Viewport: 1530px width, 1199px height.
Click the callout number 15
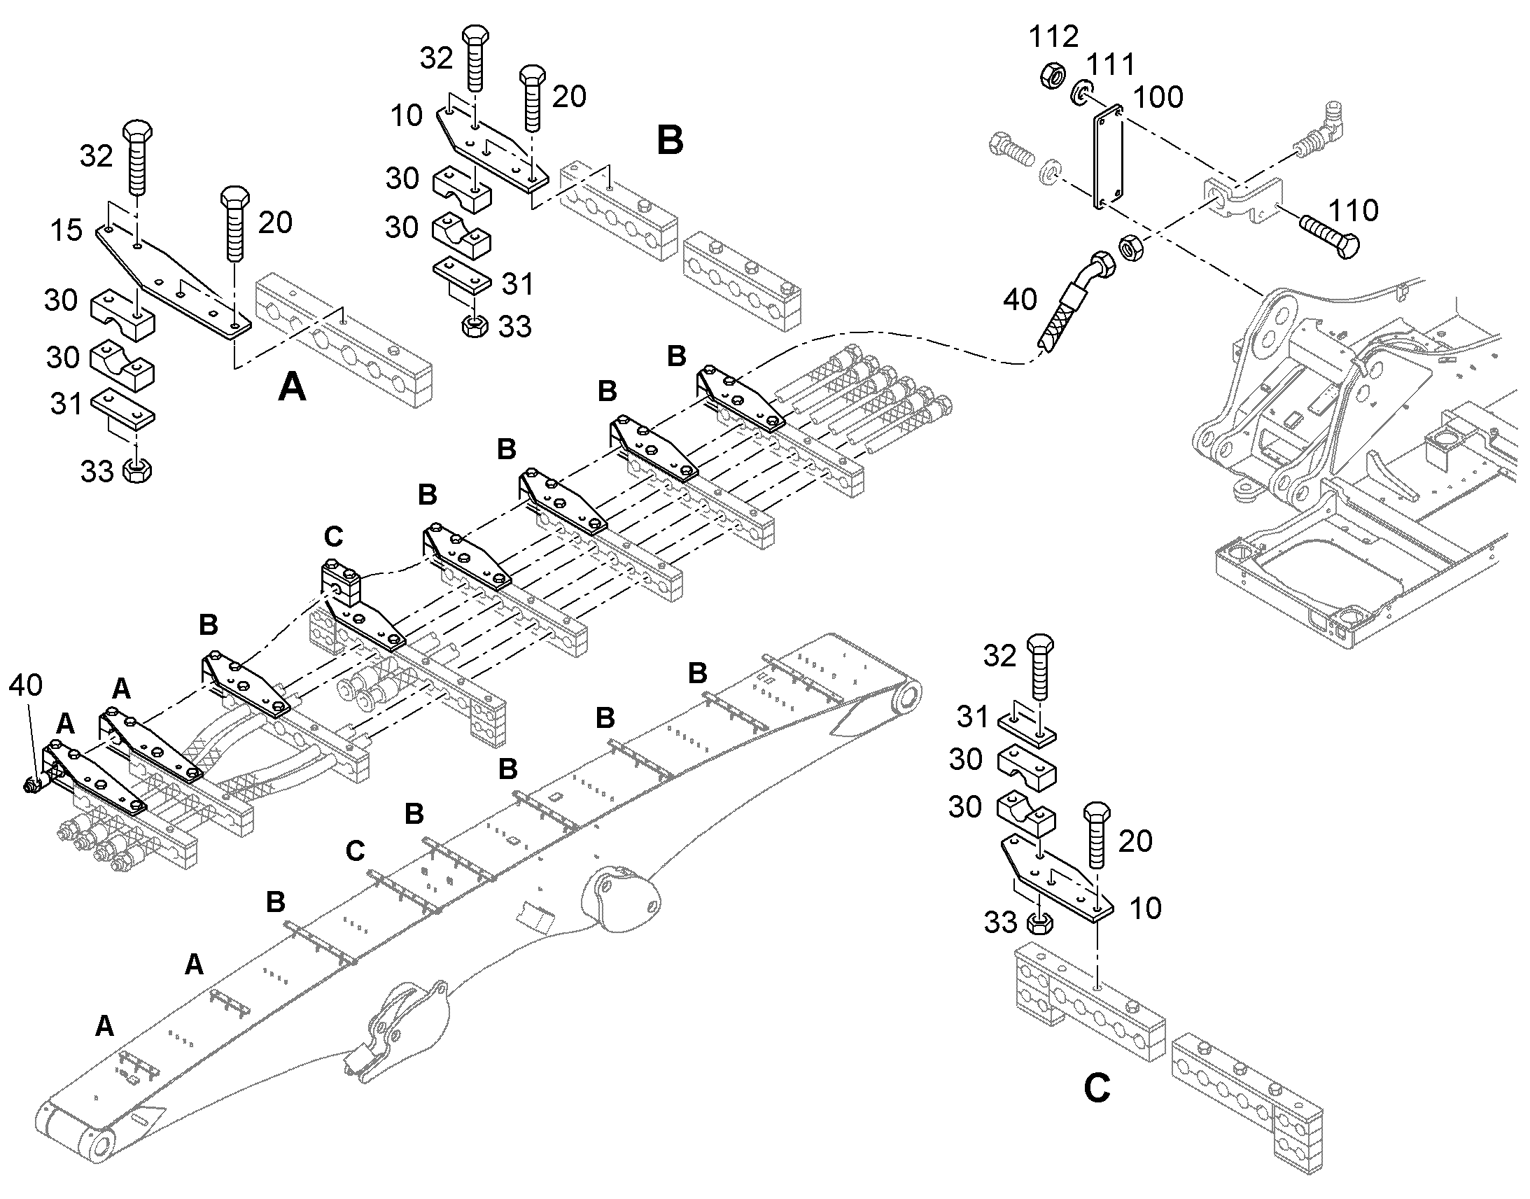coord(66,230)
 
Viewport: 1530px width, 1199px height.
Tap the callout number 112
coord(1053,36)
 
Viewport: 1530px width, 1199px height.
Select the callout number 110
coord(1353,210)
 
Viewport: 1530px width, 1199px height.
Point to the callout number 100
coord(1158,97)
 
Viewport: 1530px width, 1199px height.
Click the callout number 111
coord(1110,65)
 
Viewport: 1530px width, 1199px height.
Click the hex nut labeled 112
coord(1052,74)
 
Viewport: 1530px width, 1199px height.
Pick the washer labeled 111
coord(1081,92)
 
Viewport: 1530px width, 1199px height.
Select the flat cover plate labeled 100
coord(1107,157)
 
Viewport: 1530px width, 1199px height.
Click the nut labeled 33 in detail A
coord(138,470)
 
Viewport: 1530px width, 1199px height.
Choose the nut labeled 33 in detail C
coord(1039,922)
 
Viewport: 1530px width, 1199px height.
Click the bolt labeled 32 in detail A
coord(137,157)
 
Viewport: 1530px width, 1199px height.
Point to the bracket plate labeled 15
coord(173,279)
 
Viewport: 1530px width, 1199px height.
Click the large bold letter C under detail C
coord(1097,1089)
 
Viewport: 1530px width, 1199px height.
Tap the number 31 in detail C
coord(973,717)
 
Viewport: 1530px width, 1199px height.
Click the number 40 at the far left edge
coord(25,685)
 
